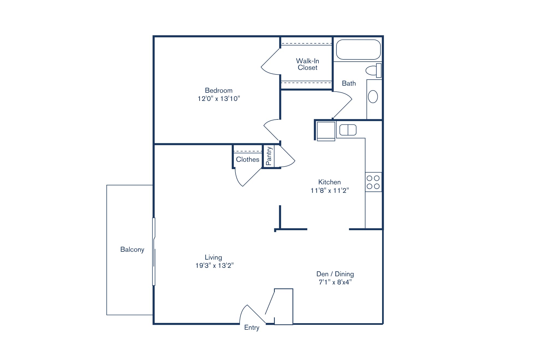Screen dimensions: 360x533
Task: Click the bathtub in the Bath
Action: (358, 50)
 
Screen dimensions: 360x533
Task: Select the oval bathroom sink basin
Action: (373, 97)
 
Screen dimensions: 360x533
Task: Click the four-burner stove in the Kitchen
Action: (373, 182)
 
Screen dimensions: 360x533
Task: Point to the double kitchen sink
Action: (348, 130)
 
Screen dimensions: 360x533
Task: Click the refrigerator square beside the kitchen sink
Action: (326, 131)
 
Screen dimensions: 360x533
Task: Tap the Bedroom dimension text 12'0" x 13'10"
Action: (219, 99)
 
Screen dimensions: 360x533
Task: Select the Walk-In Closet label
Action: (307, 64)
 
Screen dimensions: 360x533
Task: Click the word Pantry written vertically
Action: (269, 156)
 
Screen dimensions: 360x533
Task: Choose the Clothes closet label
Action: (248, 160)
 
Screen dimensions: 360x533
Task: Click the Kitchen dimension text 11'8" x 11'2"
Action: (329, 191)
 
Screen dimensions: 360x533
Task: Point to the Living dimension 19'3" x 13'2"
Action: (214, 266)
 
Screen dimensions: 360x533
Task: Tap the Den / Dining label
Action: (335, 274)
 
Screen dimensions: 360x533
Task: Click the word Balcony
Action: (132, 250)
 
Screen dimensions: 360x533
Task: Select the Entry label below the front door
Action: (252, 328)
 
